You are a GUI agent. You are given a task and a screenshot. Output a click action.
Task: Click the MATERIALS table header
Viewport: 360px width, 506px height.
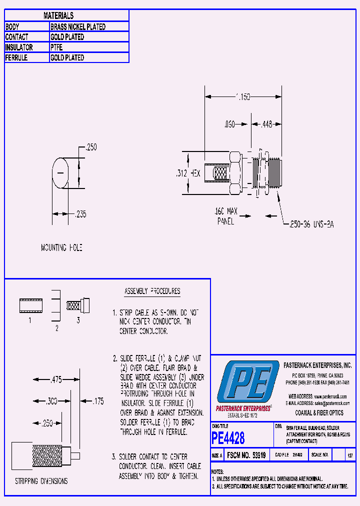click(58, 16)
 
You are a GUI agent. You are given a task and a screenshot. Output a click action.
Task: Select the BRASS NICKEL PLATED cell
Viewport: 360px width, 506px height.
click(78, 26)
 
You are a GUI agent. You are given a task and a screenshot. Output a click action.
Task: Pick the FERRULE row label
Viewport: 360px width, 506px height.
click(16, 57)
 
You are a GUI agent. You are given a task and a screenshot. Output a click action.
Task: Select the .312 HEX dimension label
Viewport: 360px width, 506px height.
click(188, 173)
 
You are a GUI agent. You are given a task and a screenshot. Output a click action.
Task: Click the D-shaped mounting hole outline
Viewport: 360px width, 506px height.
click(61, 173)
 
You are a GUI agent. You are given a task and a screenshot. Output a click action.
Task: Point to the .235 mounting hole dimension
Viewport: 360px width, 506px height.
click(80, 214)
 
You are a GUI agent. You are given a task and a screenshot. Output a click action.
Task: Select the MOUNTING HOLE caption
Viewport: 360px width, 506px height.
click(61, 247)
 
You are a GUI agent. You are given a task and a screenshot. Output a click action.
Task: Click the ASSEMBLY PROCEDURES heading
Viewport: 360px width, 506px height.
click(152, 291)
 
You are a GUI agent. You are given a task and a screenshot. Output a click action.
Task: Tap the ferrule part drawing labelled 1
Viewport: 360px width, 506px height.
click(31, 305)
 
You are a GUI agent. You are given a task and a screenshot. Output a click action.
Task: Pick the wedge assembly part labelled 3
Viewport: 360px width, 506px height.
click(78, 304)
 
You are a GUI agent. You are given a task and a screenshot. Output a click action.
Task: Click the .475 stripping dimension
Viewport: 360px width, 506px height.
click(56, 380)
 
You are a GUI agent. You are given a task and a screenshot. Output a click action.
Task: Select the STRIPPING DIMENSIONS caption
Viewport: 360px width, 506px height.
click(41, 481)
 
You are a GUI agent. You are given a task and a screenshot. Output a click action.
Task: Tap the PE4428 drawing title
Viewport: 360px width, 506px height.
click(228, 438)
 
